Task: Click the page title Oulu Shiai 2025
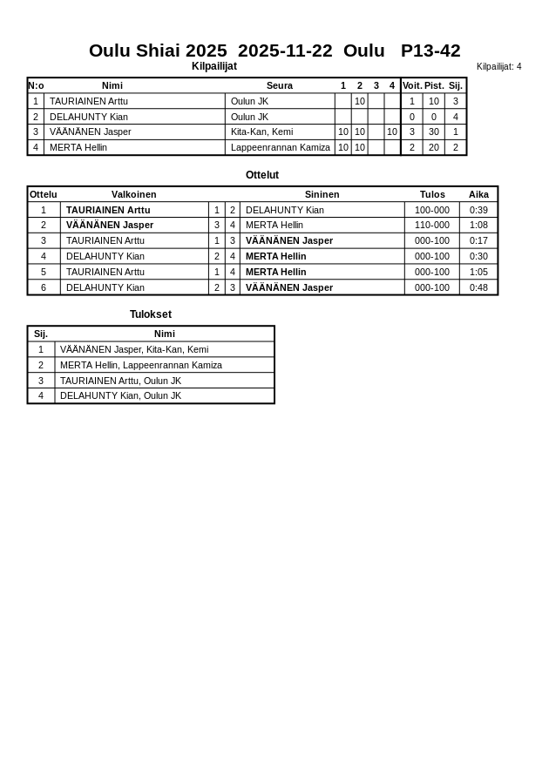pyautogui.click(x=158, y=51)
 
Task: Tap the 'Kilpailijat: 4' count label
pyautogui.click(x=498, y=66)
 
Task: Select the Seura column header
pyautogui.click(x=279, y=85)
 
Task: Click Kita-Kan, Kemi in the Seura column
pyautogui.click(x=261, y=132)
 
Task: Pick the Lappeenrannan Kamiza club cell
pyautogui.click(x=280, y=147)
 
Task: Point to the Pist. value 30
pyautogui.click(x=433, y=132)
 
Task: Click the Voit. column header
pyautogui.click(x=411, y=85)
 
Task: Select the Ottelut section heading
pyautogui.click(x=261, y=175)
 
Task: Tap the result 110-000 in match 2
pyautogui.click(x=431, y=225)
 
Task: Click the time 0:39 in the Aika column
pyautogui.click(x=478, y=210)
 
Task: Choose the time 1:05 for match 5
pyautogui.click(x=478, y=272)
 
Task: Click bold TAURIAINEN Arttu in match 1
pyautogui.click(x=108, y=210)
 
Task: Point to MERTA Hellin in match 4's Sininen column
pyautogui.click(x=275, y=256)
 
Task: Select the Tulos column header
pyautogui.click(x=431, y=194)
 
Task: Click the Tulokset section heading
pyautogui.click(x=150, y=314)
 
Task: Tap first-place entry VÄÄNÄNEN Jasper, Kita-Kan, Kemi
pyautogui.click(x=134, y=349)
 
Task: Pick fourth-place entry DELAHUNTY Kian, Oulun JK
pyautogui.click(x=120, y=395)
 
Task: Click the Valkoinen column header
pyautogui.click(x=133, y=194)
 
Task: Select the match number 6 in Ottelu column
pyautogui.click(x=43, y=287)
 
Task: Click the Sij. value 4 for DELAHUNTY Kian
pyautogui.click(x=455, y=117)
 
